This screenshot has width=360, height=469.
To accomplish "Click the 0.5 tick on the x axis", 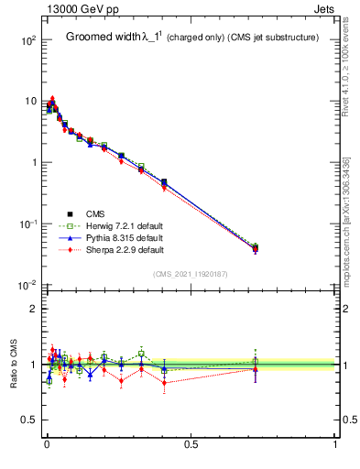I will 191,446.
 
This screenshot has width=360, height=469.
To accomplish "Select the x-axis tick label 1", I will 335,446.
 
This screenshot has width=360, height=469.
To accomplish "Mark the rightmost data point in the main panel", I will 256,247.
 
